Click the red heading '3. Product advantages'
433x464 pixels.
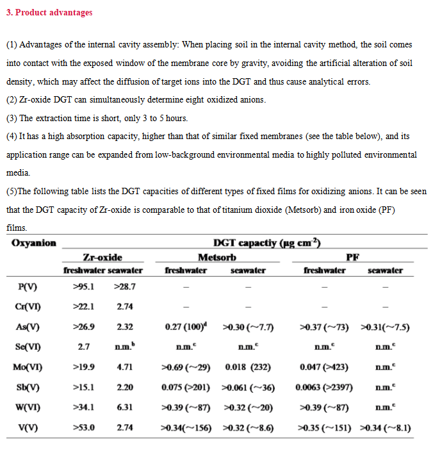pos(49,12)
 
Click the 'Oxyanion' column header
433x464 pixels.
pos(34,243)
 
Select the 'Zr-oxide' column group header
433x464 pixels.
pos(102,257)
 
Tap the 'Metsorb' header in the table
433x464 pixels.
pos(216,257)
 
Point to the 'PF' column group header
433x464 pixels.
pos(352,257)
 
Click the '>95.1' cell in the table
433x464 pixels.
pos(83,286)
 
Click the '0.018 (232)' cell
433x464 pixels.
pos(248,367)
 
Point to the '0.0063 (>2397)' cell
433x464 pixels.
pos(325,387)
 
